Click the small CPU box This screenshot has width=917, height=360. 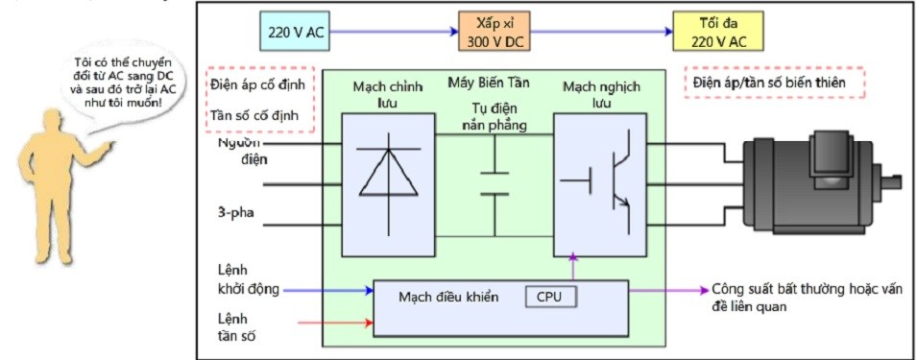point(550,297)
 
